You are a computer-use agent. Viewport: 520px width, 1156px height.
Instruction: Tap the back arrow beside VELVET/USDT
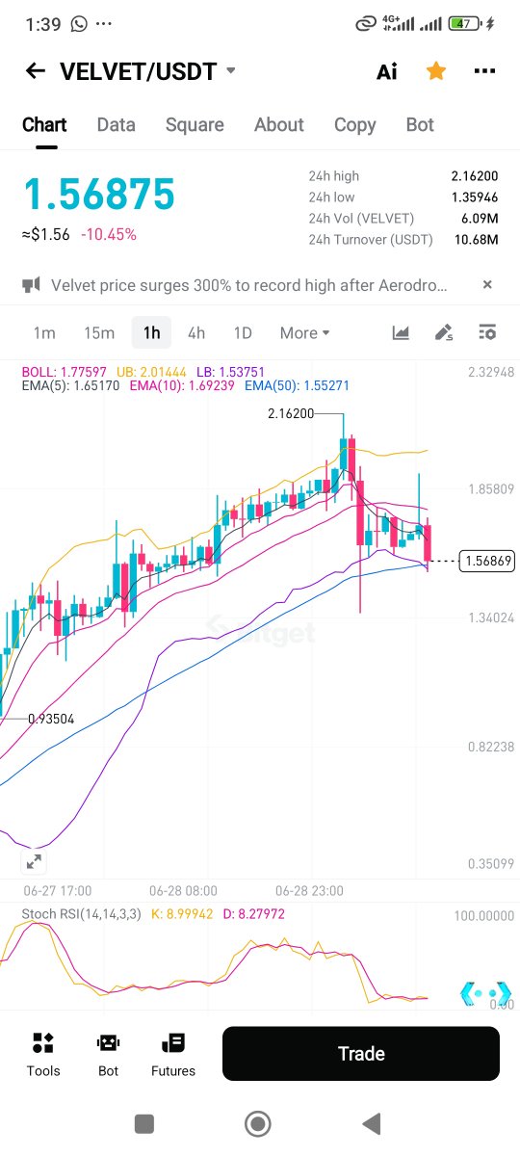tap(36, 70)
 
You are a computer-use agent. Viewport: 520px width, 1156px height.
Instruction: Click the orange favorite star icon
tap(436, 70)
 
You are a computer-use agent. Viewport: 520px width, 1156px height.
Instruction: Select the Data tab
tap(117, 124)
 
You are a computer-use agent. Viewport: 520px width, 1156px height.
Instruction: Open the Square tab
tap(195, 125)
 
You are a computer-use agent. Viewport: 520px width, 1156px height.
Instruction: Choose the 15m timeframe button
tap(99, 333)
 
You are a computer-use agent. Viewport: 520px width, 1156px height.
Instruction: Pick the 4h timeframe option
tap(196, 333)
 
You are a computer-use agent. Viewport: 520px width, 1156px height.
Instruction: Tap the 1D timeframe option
tap(243, 333)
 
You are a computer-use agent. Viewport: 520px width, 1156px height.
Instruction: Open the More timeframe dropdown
tap(304, 333)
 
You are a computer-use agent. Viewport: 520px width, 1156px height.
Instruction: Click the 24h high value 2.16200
tap(475, 176)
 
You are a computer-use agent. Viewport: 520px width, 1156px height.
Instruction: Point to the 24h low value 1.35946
tap(475, 197)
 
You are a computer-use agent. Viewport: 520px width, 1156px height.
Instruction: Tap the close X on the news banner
tap(487, 284)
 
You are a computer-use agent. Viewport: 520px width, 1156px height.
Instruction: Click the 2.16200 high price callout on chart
tap(291, 413)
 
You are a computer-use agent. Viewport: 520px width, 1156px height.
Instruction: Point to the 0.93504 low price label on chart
tap(51, 719)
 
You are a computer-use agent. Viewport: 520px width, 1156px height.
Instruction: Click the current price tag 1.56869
tap(487, 561)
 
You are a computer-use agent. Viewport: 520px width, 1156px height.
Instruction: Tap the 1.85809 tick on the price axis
tap(491, 488)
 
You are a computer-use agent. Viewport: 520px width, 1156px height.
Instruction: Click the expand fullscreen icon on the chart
tap(34, 861)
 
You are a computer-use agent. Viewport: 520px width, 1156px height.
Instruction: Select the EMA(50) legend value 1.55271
tap(326, 385)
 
